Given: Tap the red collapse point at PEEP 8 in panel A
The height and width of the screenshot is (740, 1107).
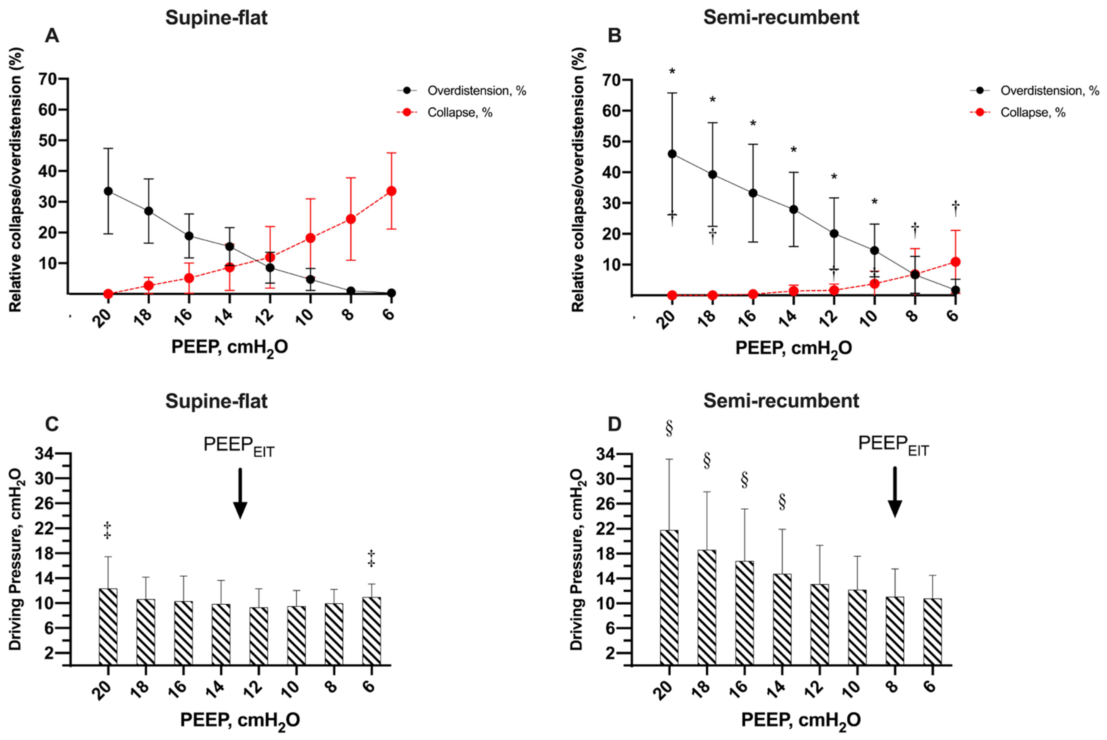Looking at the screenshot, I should pyautogui.click(x=350, y=219).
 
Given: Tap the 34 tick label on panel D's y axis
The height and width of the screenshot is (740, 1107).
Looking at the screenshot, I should pyautogui.click(x=609, y=455).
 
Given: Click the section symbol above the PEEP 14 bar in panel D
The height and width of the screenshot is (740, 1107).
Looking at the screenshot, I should pyautogui.click(x=782, y=502).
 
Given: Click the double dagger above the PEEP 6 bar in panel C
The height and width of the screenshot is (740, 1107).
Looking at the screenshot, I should pyautogui.click(x=371, y=558).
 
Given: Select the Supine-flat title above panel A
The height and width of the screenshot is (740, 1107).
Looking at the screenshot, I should pyautogui.click(x=217, y=18).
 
